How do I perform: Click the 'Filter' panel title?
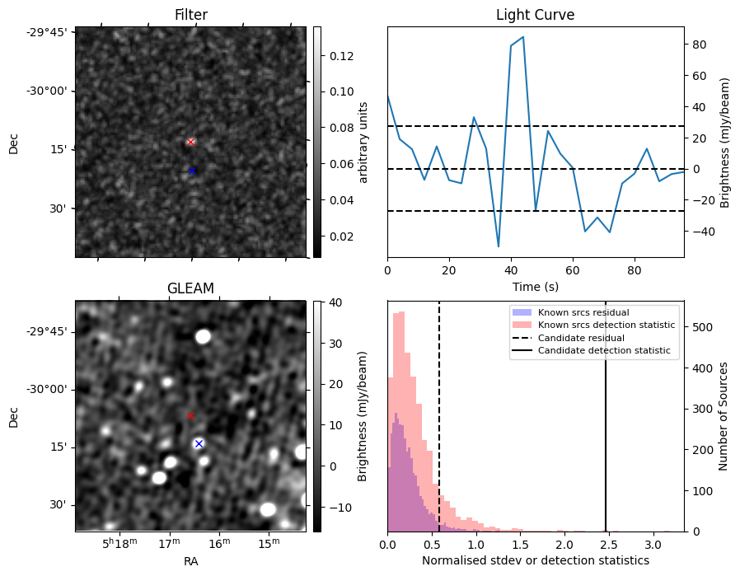coord(191,15)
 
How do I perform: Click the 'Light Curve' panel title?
coord(535,15)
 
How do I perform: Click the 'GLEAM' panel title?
coord(191,288)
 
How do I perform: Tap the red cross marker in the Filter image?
coord(191,142)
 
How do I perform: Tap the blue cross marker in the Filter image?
coord(193,171)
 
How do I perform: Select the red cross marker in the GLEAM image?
coord(191,415)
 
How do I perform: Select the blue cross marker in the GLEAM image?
coord(199,443)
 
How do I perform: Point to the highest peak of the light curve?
coord(522,37)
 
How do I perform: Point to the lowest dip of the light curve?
coord(499,246)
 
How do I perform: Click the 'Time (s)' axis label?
coord(535,287)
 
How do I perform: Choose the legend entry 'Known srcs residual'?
coord(583,312)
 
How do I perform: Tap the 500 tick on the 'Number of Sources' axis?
coord(698,326)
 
